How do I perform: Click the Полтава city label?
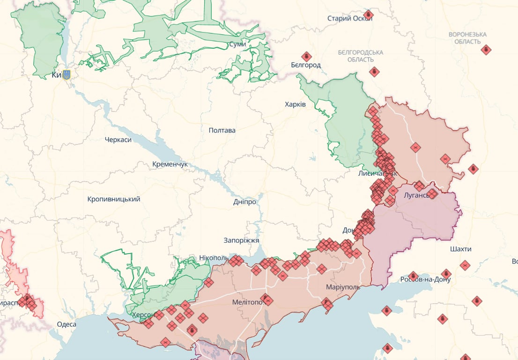(222, 130)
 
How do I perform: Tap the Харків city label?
(295, 104)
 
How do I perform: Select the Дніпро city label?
(244, 202)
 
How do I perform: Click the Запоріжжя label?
(241, 240)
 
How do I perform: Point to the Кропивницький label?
(114, 199)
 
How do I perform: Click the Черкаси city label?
(118, 140)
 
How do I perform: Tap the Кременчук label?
(170, 165)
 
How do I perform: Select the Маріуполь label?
(343, 286)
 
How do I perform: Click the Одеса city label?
(67, 324)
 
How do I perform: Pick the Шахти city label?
(460, 249)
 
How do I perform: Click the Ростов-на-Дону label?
(425, 279)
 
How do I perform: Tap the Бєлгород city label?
(305, 65)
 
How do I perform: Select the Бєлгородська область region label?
(361, 56)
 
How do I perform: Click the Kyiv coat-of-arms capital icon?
(67, 75)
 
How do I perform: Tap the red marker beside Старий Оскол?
(369, 15)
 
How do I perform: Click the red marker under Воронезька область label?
(486, 50)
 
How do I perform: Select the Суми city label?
(237, 45)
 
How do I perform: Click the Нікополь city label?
(214, 258)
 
